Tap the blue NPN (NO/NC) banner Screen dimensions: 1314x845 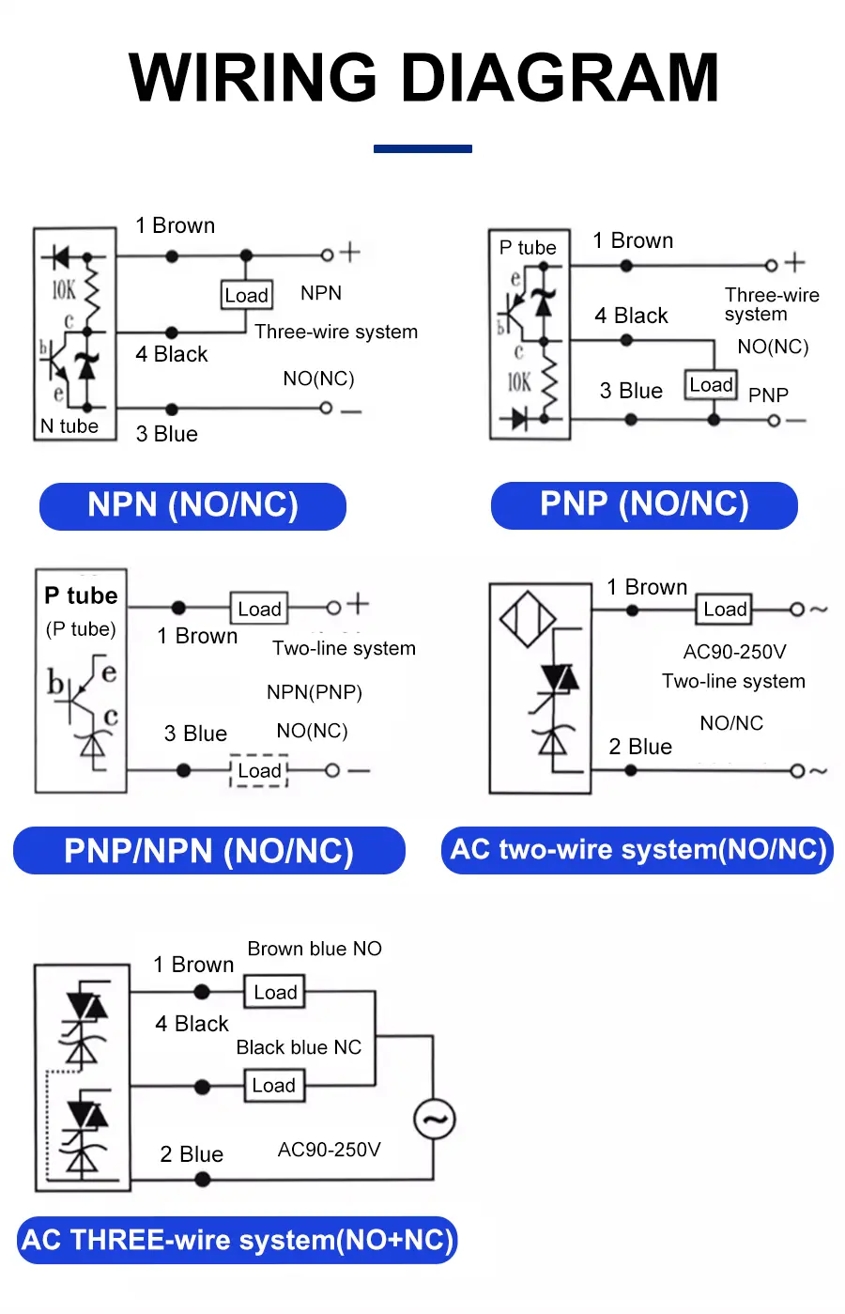pyautogui.click(x=192, y=505)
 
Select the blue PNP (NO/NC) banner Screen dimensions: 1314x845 pyautogui.click(x=644, y=504)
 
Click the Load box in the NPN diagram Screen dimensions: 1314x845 pyautogui.click(x=247, y=295)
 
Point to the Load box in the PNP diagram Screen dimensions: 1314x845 pyautogui.click(x=711, y=385)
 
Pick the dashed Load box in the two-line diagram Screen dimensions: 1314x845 pyautogui.click(x=259, y=771)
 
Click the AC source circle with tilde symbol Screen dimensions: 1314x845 pyautogui.click(x=435, y=1119)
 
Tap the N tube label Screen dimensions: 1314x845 pyautogui.click(x=69, y=425)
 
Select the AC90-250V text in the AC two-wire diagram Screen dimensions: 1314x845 pyautogui.click(x=734, y=652)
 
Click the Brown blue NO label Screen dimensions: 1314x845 pyautogui.click(x=315, y=949)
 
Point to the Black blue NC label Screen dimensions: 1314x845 pyautogui.click(x=299, y=1047)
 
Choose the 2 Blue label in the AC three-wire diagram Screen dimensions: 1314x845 pyautogui.click(x=192, y=1154)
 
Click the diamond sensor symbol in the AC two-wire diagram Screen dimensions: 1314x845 pyautogui.click(x=528, y=619)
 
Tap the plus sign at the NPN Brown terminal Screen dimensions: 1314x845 pyautogui.click(x=349, y=252)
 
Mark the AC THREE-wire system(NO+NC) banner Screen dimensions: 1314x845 pyautogui.click(x=237, y=1240)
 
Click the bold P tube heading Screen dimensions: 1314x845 pyautogui.click(x=81, y=595)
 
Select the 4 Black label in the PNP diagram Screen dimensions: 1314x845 pyautogui.click(x=631, y=316)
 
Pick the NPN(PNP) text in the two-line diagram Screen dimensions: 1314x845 pyautogui.click(x=314, y=692)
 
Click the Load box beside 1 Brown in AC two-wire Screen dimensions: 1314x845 pyautogui.click(x=725, y=610)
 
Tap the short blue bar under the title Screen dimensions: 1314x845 pyautogui.click(x=422, y=148)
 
